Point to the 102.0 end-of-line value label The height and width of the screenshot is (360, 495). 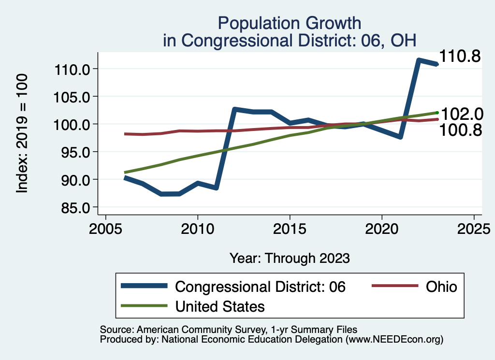[x=462, y=114]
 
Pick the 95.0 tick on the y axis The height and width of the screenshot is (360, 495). [x=76, y=152]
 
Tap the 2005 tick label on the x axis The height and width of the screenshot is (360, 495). [x=105, y=229]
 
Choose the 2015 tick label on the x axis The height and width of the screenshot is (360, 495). [x=290, y=229]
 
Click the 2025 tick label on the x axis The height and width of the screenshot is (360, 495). [x=474, y=229]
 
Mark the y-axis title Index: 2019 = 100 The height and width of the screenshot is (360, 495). [x=22, y=134]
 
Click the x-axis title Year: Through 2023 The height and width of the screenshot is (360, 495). [x=289, y=258]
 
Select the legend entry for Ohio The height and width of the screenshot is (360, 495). [x=441, y=287]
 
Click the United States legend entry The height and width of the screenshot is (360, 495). [x=219, y=306]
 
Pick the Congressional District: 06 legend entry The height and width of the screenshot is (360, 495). [x=260, y=287]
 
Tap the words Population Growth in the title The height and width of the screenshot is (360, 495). [x=289, y=23]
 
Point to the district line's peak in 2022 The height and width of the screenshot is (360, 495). [x=419, y=60]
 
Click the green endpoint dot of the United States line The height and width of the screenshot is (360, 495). [x=437, y=113]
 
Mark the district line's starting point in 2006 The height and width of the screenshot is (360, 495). [x=125, y=178]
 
